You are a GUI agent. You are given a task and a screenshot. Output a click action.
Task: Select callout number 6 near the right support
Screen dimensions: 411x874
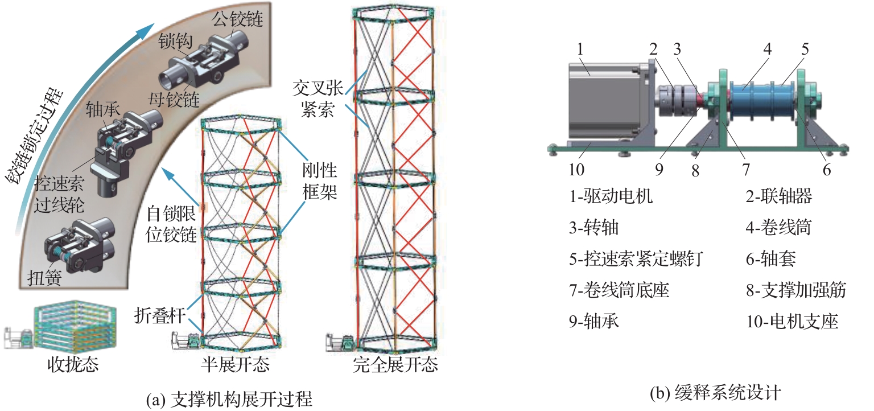(826, 169)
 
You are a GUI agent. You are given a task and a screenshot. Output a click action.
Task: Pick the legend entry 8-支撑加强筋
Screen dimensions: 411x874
(796, 290)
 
